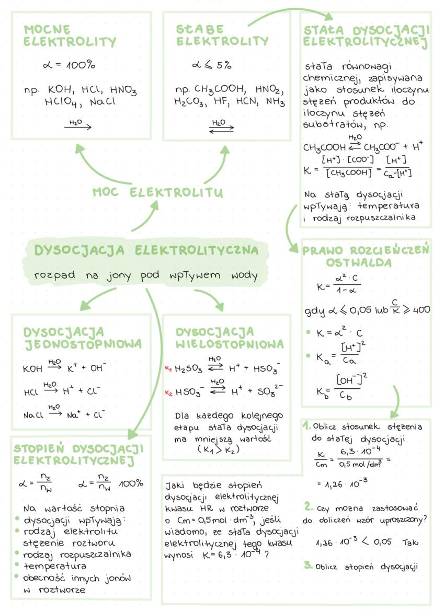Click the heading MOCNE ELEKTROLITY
pyautogui.click(x=70, y=35)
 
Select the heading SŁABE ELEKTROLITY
pyautogui.click(x=222, y=35)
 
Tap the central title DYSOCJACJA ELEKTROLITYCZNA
pyautogui.click(x=146, y=250)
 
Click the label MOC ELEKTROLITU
pyautogui.click(x=157, y=193)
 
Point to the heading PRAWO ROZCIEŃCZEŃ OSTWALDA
pyautogui.click(x=366, y=256)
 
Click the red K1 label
pyautogui.click(x=168, y=368)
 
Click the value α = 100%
pyautogui.click(x=69, y=66)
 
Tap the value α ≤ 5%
pyautogui.click(x=211, y=66)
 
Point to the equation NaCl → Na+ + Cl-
pyautogui.click(x=64, y=415)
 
